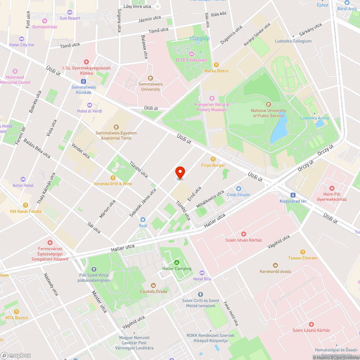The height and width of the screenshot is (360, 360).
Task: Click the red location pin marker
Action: click(180, 172)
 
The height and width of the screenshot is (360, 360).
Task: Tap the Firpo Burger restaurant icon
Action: click(213, 159)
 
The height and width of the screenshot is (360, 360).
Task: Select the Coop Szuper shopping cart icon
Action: click(238, 188)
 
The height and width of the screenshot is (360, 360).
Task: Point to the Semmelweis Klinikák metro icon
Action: click(84, 81)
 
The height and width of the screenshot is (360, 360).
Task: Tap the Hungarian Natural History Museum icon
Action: click(212, 98)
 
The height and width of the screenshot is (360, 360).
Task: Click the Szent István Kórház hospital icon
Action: click(243, 234)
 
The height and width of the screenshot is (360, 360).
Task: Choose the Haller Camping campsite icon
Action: click(176, 262)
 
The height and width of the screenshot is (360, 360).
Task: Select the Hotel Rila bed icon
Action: click(202, 273)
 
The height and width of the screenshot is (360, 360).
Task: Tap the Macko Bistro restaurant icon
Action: click(216, 65)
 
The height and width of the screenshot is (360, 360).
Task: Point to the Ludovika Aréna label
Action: click(315, 118)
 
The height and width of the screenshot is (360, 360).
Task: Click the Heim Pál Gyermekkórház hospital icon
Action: click(332, 188)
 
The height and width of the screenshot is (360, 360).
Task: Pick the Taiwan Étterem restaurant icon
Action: click(303, 252)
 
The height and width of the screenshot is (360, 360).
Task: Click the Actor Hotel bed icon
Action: click(23, 179)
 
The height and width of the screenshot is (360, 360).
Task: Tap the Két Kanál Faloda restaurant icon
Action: click(25, 205)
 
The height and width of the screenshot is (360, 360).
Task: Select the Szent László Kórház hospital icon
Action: click(311, 324)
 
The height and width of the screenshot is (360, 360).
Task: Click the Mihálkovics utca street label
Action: click(210, 199)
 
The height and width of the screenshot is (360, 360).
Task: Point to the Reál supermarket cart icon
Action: click(143, 219)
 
